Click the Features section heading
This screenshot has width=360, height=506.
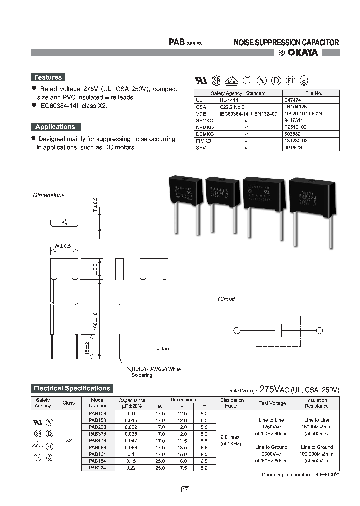click(48, 77)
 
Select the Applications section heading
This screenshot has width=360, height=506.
click(55, 127)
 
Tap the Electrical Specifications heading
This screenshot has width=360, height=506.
click(71, 388)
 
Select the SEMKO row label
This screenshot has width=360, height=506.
click(205, 121)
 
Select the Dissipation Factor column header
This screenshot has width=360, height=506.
click(232, 403)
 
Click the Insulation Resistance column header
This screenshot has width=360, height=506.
click(317, 403)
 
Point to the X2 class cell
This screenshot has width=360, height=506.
click(69, 440)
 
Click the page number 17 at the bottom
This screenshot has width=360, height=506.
click(185, 489)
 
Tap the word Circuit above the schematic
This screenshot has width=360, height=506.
click(226, 299)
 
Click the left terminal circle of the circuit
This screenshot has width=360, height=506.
click(237, 330)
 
